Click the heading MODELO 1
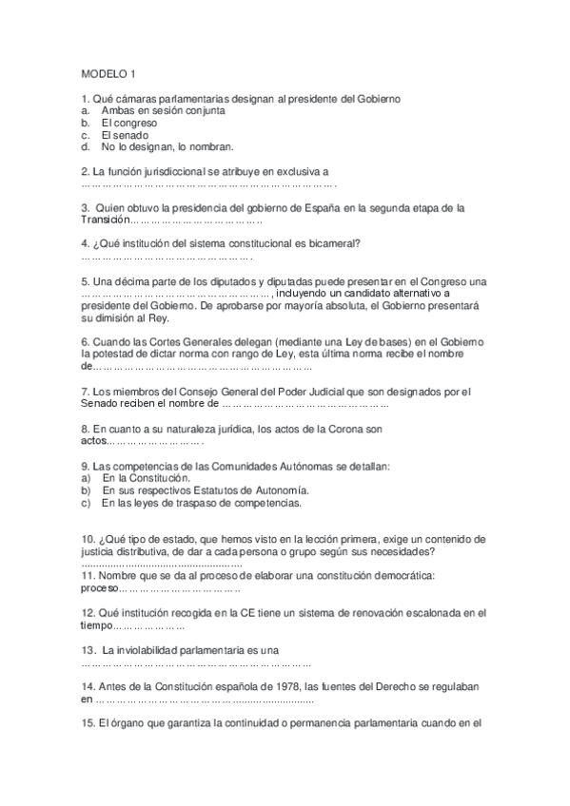109,74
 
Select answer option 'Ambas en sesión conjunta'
163,110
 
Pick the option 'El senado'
127,135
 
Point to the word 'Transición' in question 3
105,219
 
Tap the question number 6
86,341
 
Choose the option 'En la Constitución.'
145,478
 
